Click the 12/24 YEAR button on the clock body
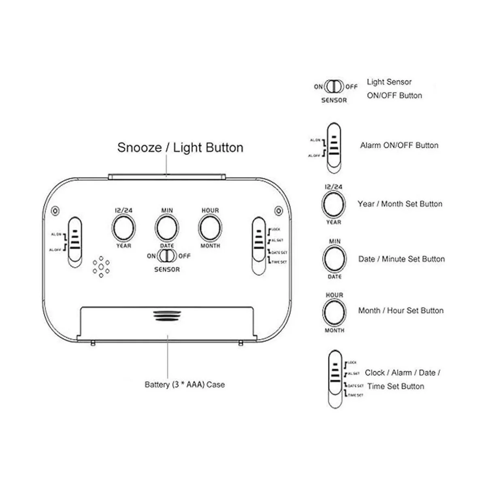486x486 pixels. (124, 228)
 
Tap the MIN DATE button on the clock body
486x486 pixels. (166, 228)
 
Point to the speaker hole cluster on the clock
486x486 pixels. (101, 267)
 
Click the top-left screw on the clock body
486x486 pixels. (55, 211)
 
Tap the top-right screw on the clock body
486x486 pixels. (278, 211)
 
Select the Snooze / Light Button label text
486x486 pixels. (180, 147)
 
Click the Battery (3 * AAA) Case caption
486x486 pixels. (185, 384)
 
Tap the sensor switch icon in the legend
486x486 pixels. (335, 87)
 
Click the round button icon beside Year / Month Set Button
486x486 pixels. (333, 204)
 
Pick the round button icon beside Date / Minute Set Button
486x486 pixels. (335, 259)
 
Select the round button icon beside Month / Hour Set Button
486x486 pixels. (335, 312)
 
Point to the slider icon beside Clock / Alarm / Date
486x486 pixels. (335, 379)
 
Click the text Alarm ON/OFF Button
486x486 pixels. (399, 145)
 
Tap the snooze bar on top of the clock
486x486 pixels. (167, 176)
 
